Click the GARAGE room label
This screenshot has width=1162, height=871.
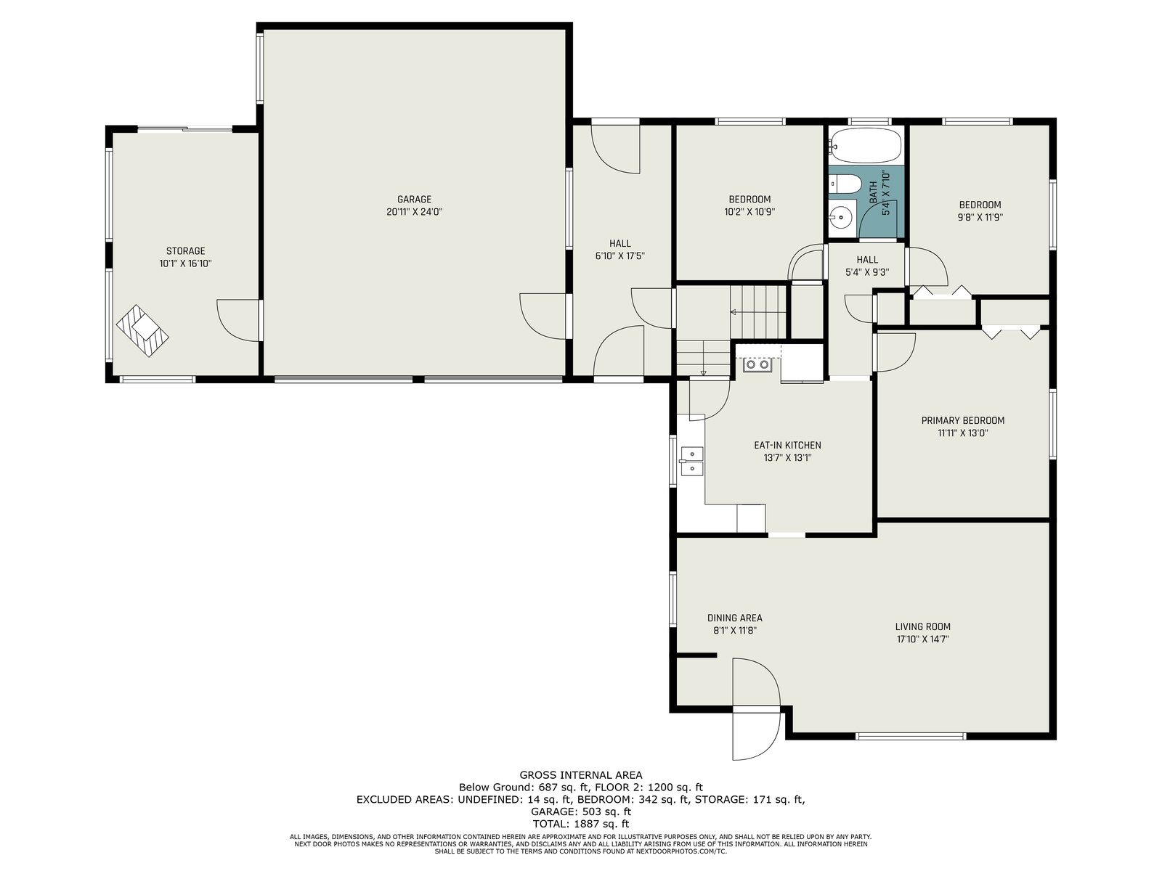[414, 200]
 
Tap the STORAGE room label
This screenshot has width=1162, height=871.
[185, 251]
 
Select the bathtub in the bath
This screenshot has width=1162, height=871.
[866, 145]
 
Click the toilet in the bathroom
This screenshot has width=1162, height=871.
[842, 184]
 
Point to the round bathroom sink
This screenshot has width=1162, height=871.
[841, 216]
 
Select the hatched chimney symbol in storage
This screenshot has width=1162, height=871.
[142, 330]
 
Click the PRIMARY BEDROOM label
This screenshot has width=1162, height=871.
[962, 420]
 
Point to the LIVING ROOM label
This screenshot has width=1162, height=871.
[923, 626]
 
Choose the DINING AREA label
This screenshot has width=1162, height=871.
[735, 618]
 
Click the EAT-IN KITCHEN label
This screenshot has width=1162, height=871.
[787, 445]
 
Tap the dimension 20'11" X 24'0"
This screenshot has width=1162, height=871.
[414, 212]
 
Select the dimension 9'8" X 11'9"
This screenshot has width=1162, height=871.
[980, 217]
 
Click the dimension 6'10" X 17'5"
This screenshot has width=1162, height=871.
[620, 256]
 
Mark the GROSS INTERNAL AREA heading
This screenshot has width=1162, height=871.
[581, 775]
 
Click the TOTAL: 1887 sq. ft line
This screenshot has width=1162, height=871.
[581, 823]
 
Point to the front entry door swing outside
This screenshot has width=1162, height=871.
[756, 735]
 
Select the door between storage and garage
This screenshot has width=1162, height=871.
[239, 321]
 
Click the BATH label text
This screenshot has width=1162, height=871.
[872, 192]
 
